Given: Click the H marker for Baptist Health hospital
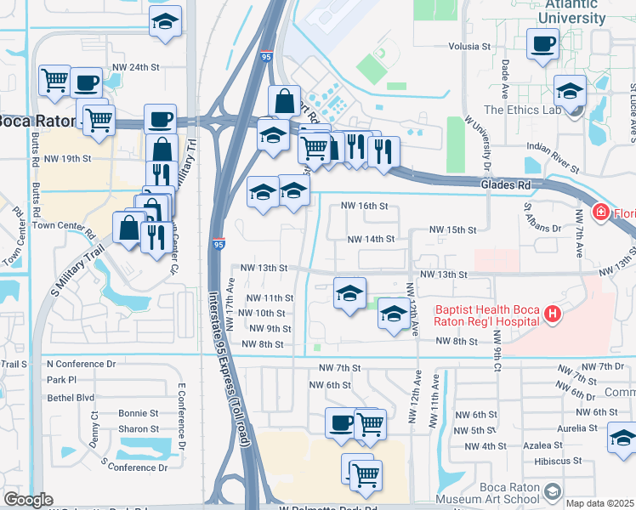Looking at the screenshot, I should tap(553, 314).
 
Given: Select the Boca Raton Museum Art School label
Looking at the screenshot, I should tap(486, 497).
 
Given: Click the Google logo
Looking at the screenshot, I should tap(28, 499).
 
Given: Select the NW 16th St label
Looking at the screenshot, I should tap(364, 206).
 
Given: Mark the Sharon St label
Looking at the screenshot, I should tap(139, 429).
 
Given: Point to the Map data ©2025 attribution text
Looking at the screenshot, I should tap(599, 503).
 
